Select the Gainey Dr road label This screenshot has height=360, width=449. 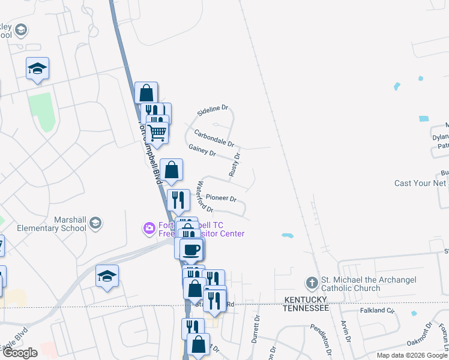coord(202,150)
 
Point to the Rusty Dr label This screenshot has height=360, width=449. coord(234,164)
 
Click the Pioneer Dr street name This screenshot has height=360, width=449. coord(221,197)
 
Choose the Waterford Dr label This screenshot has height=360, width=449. coord(205,196)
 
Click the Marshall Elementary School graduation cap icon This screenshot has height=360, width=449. coord(95,224)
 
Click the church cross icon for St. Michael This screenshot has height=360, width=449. coord(312,282)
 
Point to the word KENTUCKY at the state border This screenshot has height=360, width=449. coord(306,299)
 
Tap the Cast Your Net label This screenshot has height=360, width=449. coord(420,183)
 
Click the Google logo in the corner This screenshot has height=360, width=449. coord(19,353)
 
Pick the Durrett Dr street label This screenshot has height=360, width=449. coord(256,326)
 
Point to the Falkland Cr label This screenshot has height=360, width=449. coord(377,311)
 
